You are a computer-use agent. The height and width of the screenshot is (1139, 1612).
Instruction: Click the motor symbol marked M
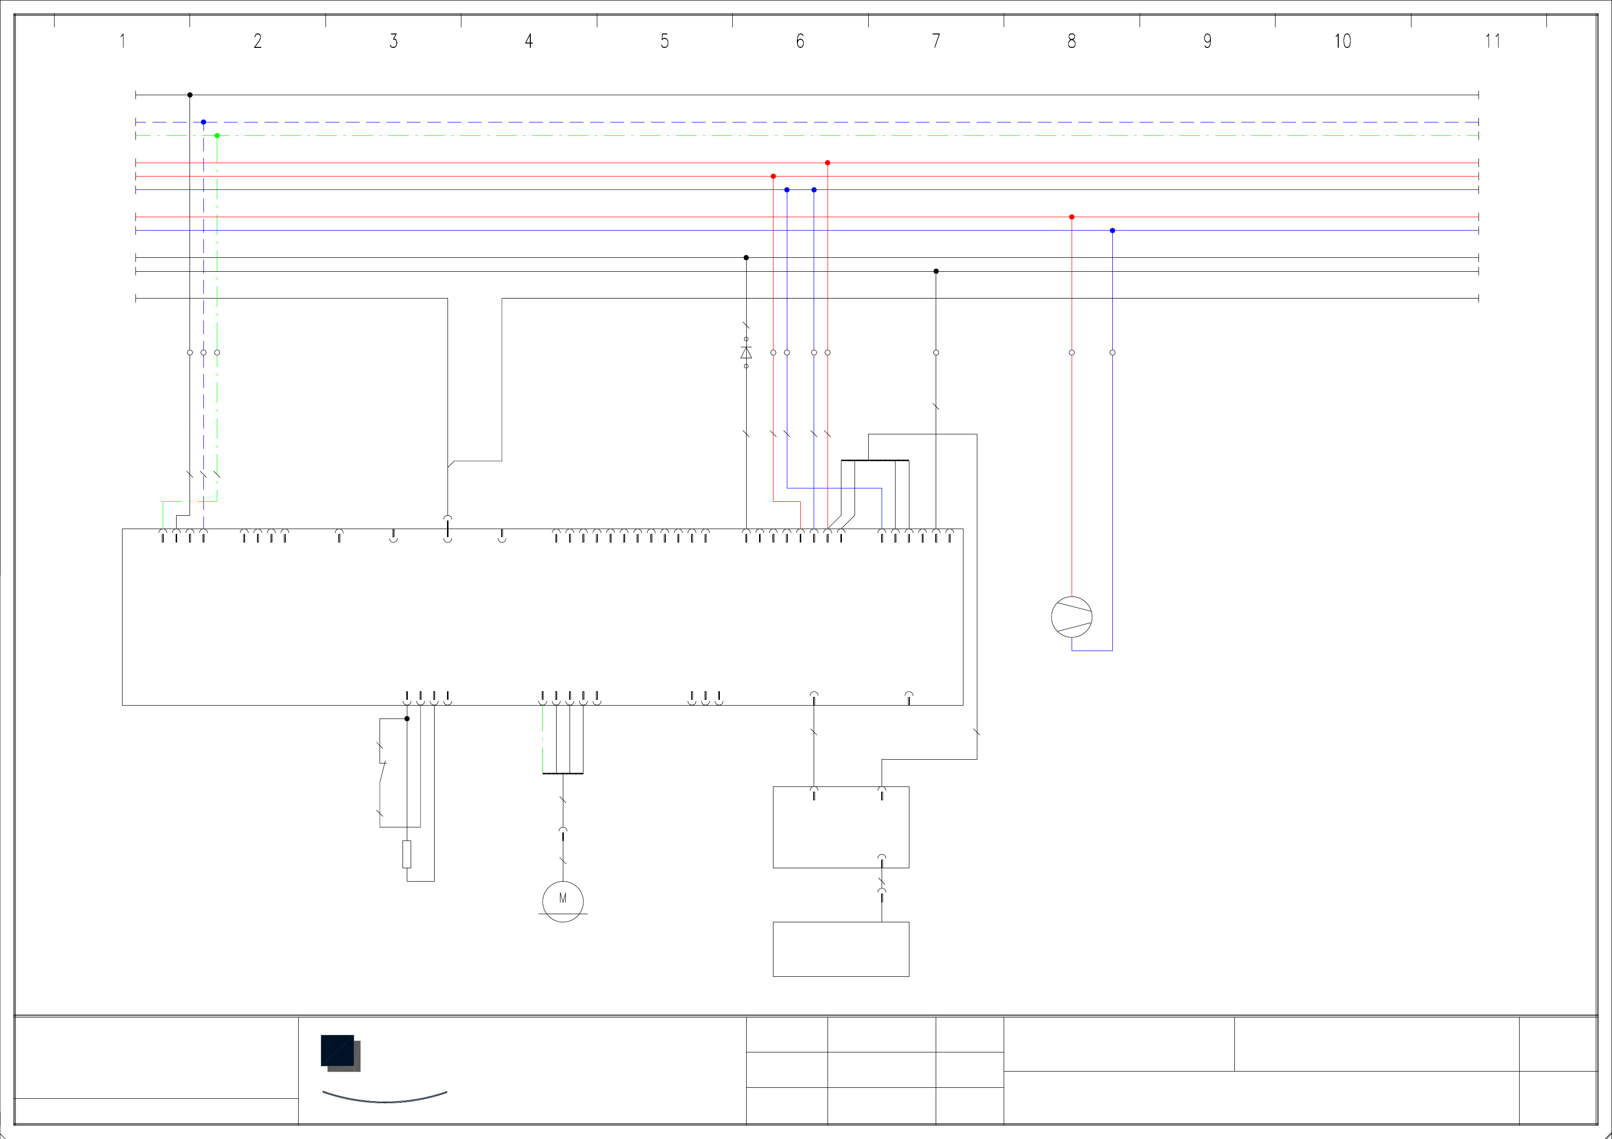point(562,900)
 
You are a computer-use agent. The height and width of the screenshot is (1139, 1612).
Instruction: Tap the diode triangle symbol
point(746,352)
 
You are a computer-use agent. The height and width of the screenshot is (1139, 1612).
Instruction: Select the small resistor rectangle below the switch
point(406,854)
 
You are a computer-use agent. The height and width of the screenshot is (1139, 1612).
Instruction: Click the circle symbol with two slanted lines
point(1071,617)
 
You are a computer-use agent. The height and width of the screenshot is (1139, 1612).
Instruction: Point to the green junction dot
point(217,135)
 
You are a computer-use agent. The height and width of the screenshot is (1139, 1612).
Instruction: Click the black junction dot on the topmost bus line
point(190,95)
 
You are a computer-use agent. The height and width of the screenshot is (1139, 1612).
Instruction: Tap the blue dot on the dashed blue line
point(203,122)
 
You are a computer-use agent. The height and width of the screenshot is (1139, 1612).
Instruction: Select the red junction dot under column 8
point(1071,217)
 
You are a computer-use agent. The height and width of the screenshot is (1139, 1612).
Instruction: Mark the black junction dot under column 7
point(936,271)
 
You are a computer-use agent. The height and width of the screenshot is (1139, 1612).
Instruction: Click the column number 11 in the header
point(1492,42)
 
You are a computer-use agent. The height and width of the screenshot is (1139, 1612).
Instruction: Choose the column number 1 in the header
point(122,42)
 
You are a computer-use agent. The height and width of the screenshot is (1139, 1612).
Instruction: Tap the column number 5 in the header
point(664,42)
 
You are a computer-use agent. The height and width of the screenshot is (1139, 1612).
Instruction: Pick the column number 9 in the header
point(1207,42)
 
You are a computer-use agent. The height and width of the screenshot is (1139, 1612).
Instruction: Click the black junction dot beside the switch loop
point(406,719)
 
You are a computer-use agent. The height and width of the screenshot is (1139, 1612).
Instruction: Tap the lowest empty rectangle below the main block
point(840,949)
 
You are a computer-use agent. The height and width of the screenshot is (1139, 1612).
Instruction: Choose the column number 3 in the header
point(393,42)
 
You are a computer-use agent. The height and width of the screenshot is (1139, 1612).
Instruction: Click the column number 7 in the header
point(936,42)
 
